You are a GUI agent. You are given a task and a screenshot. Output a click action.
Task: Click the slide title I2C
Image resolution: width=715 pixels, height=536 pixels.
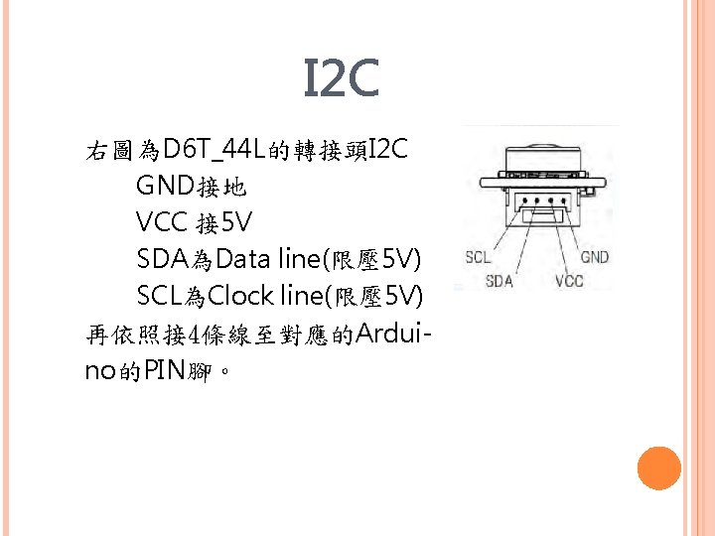(x=341, y=79)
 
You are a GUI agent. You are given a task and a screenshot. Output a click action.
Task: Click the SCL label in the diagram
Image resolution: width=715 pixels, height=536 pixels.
(x=479, y=257)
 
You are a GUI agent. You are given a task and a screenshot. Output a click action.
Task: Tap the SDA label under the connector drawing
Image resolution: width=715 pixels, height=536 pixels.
(x=500, y=281)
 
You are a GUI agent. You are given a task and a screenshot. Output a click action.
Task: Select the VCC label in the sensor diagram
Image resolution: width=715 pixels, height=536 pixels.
(x=569, y=281)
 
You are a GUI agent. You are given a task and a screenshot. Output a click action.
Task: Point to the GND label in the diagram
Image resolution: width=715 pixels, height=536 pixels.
(x=594, y=257)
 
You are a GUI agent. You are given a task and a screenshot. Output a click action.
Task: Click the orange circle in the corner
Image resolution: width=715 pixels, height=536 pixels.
(x=658, y=468)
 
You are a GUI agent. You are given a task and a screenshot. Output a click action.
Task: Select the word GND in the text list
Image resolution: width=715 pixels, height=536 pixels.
(x=166, y=186)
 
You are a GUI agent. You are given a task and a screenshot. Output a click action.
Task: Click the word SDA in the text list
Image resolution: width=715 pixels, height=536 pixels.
(x=163, y=259)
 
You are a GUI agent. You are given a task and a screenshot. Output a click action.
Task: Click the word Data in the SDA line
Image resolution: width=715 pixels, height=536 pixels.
(x=243, y=259)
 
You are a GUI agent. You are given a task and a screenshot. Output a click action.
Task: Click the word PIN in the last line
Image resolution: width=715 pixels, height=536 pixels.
(x=163, y=371)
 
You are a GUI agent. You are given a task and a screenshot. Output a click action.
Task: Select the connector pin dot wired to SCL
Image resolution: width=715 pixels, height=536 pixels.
(x=526, y=201)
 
